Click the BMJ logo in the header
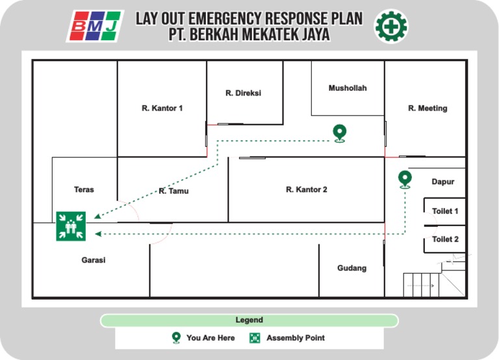[95, 26]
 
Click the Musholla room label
[347, 88]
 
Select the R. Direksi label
[243, 93]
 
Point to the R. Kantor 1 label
[162, 108]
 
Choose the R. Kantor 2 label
[306, 190]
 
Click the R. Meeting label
[428, 108]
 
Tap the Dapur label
[443, 182]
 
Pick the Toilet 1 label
[445, 211]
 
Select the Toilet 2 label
[445, 239]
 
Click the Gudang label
[352, 268]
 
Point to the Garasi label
[93, 260]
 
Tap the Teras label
[84, 190]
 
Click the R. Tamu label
[173, 191]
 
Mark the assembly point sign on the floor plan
[71, 226]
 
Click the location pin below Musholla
[339, 133]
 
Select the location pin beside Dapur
[405, 179]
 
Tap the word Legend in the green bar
[249, 320]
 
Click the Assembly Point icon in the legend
[255, 338]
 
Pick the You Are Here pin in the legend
[175, 338]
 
